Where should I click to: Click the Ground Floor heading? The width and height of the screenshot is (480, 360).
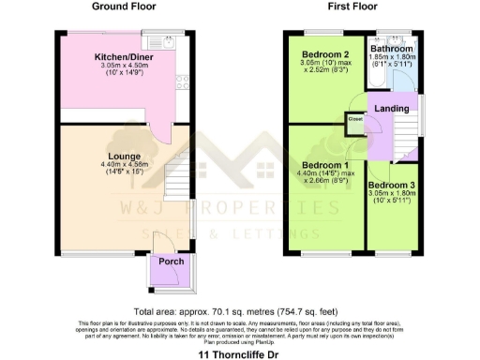pos(124,7)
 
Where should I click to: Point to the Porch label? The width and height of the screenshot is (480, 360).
pos(171,262)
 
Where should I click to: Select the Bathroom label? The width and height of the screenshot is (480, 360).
pos(391,49)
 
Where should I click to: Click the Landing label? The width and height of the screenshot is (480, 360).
pos(391,110)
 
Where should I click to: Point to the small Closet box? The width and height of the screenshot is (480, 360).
pos(356,120)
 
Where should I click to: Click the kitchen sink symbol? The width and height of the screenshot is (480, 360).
pos(168,40)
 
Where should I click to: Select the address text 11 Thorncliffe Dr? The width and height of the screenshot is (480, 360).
pos(239,355)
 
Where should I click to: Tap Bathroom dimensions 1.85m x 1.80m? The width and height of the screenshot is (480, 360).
pos(392,58)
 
